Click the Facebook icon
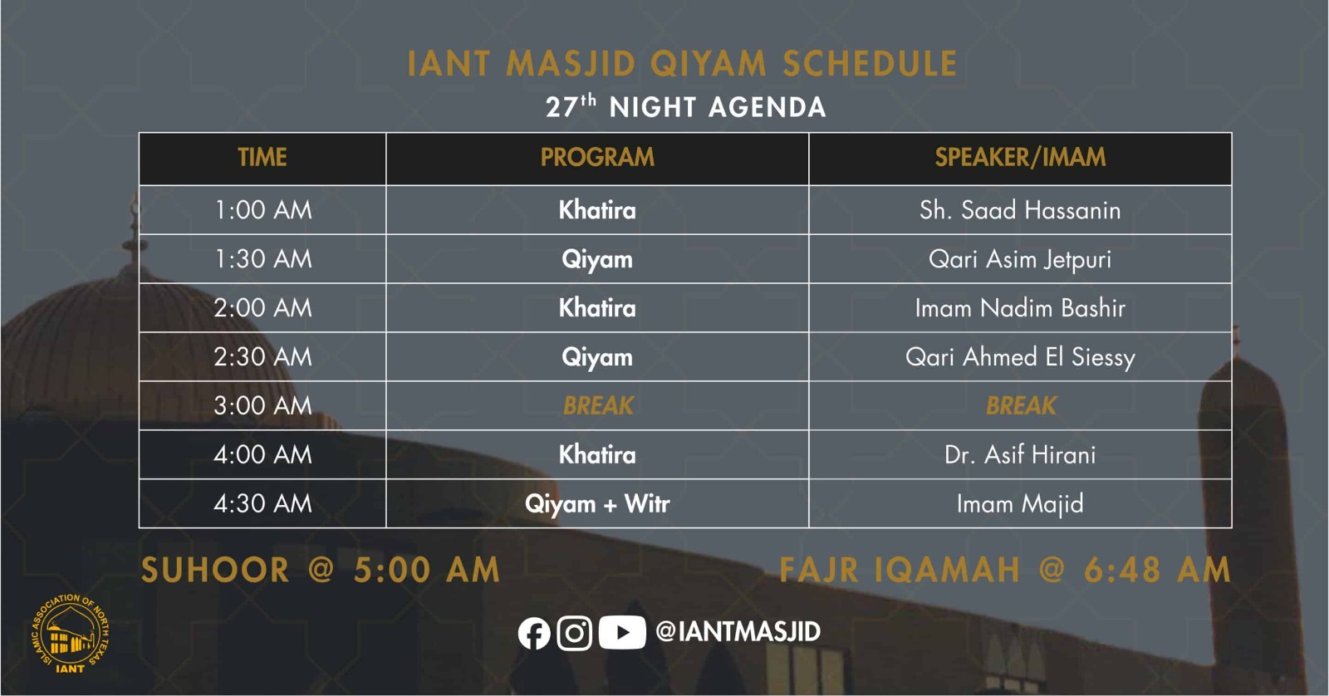[533, 633]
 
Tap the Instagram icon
[574, 633]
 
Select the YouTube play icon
[622, 633]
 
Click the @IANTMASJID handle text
[738, 632]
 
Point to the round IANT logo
[70, 634]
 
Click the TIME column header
[262, 157]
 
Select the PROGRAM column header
[597, 157]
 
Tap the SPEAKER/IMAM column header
[1020, 157]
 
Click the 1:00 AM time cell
[262, 210]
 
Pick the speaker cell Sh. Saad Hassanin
[1020, 210]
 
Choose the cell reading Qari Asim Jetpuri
[1020, 259]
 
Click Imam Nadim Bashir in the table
[1020, 308]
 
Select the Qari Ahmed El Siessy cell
[1020, 357]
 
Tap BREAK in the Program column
[598, 406]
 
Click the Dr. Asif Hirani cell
[1020, 455]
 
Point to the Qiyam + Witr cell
[597, 504]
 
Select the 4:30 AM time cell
[262, 504]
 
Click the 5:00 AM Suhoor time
[427, 571]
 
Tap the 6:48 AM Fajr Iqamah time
[1158, 571]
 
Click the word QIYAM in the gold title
[709, 64]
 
